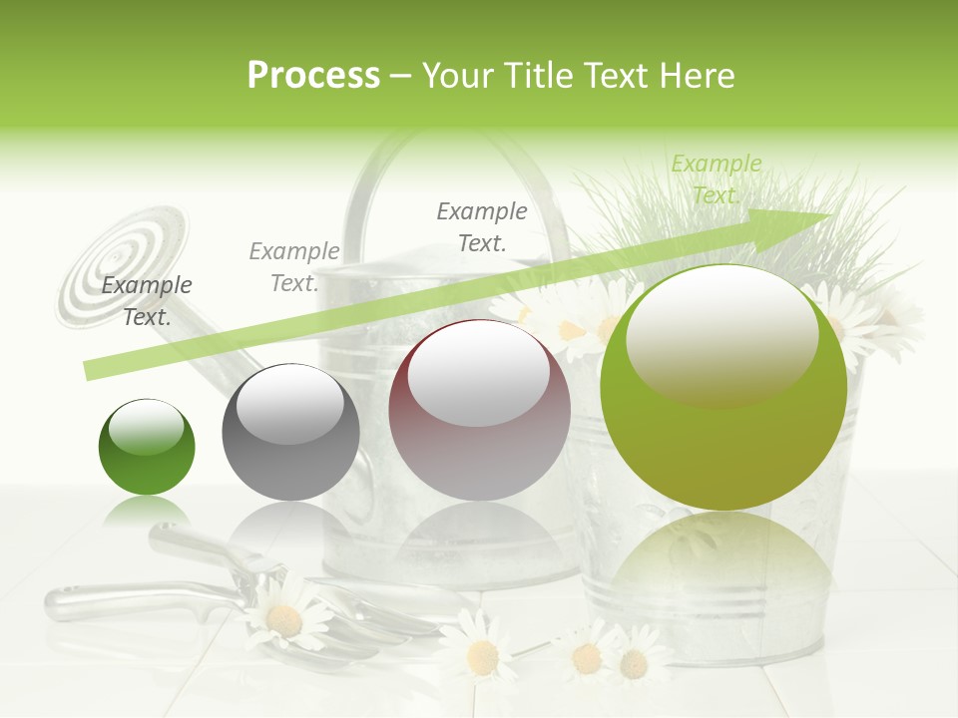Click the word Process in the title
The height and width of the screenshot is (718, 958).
[313, 75]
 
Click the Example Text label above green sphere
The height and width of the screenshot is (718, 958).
[147, 301]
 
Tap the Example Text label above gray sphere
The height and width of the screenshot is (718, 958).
[294, 267]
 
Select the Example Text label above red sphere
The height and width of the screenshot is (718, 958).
[482, 226]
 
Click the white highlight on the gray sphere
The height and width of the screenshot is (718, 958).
[290, 402]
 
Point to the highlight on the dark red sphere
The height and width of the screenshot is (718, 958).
[479, 371]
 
